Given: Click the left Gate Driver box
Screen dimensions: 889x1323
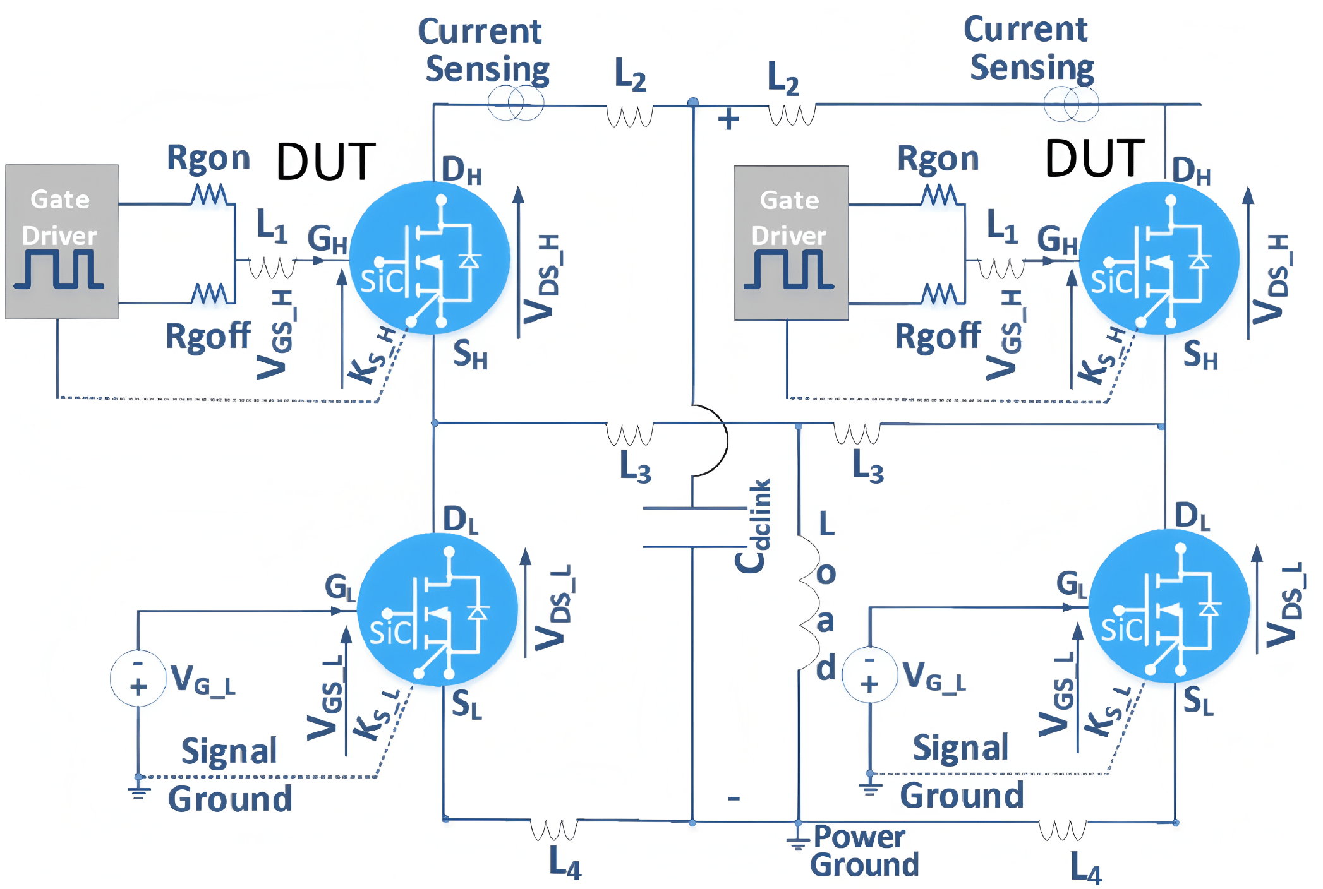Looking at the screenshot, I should pyautogui.click(x=62, y=241).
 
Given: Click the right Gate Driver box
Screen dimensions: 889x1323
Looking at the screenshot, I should pyautogui.click(x=791, y=242).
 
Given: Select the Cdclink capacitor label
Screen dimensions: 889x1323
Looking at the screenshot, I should pyautogui.click(x=753, y=526).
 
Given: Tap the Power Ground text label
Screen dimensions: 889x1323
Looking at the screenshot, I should pyautogui.click(x=864, y=851).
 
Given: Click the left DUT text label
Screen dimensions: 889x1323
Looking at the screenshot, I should pyautogui.click(x=326, y=162).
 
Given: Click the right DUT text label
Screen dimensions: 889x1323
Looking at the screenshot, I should pyautogui.click(x=1094, y=158).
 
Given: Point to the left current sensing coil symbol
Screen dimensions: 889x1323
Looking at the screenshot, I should pyautogui.click(x=516, y=103).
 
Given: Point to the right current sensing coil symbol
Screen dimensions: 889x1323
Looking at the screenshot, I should pyautogui.click(x=1071, y=104).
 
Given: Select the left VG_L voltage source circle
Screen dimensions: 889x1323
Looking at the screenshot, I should pyautogui.click(x=138, y=677).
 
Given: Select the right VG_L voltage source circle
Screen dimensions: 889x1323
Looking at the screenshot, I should pyautogui.click(x=870, y=674).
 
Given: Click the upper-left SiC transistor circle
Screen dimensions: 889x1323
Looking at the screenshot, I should pyautogui.click(x=430, y=258).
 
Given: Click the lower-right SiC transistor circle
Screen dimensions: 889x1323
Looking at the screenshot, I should pyautogui.click(x=1169, y=606).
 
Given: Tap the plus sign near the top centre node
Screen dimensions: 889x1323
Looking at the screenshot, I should pyautogui.click(x=728, y=119).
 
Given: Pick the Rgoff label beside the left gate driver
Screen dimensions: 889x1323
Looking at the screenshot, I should pyautogui.click(x=208, y=336).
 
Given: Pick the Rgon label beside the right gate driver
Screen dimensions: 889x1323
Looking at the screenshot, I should pyautogui.click(x=938, y=158).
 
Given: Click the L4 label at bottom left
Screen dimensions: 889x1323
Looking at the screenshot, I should pyautogui.click(x=565, y=862).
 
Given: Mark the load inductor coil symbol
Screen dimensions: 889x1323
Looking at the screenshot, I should pyautogui.click(x=807, y=603).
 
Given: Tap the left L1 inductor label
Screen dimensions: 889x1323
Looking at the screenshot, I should pyautogui.click(x=272, y=225).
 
